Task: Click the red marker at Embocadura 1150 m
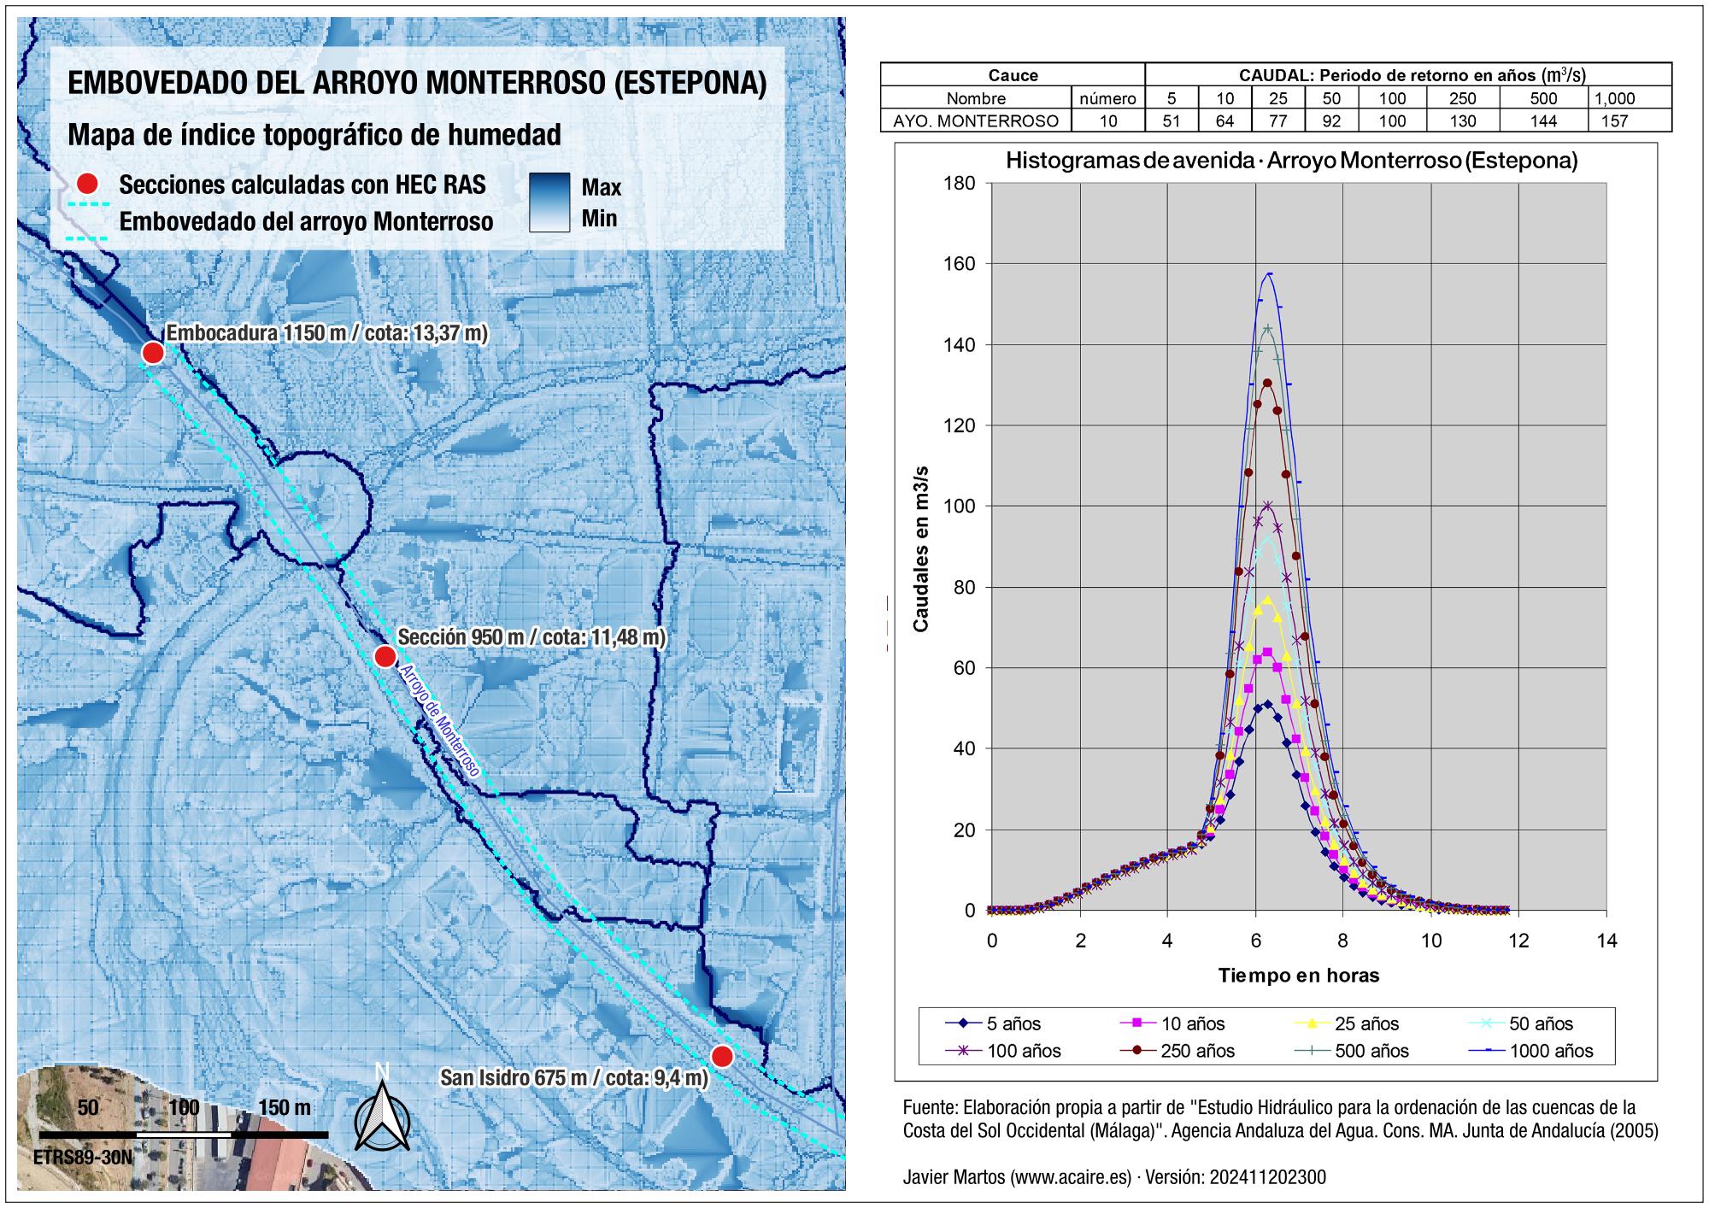point(153,352)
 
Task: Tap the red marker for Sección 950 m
point(385,656)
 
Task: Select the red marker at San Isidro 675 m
point(722,1057)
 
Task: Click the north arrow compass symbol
point(382,1111)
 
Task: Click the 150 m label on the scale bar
point(285,1108)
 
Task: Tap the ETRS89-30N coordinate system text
point(84,1158)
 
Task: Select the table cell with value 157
point(1614,121)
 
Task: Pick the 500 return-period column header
point(1544,98)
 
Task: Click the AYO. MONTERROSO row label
point(976,121)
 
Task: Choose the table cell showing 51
point(1171,121)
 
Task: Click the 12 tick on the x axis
point(1518,941)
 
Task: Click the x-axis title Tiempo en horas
point(1298,975)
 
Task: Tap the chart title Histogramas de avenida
point(1291,161)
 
